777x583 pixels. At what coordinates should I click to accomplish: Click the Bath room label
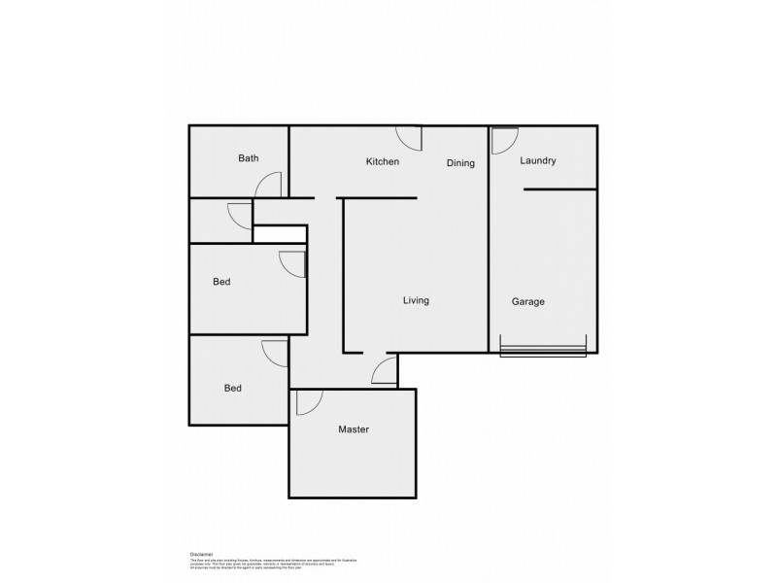249,157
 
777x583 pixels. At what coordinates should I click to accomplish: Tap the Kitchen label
383,161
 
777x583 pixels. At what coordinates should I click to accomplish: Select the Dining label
460,163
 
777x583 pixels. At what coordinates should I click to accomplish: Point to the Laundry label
537,160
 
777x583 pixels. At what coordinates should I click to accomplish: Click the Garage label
528,301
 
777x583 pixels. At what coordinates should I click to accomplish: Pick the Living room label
416,300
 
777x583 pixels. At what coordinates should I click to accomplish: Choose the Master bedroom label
354,429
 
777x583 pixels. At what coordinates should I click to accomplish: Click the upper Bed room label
221,283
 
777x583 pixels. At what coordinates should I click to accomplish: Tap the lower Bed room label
232,388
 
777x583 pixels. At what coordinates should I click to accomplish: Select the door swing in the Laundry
504,141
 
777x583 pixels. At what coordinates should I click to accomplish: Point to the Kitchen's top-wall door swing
408,138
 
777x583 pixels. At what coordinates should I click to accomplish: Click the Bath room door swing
271,186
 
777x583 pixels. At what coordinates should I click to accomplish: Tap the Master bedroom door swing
310,401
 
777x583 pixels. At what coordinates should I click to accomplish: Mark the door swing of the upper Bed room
292,263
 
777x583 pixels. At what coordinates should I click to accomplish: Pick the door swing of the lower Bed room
275,353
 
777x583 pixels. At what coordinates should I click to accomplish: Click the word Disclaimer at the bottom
202,550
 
